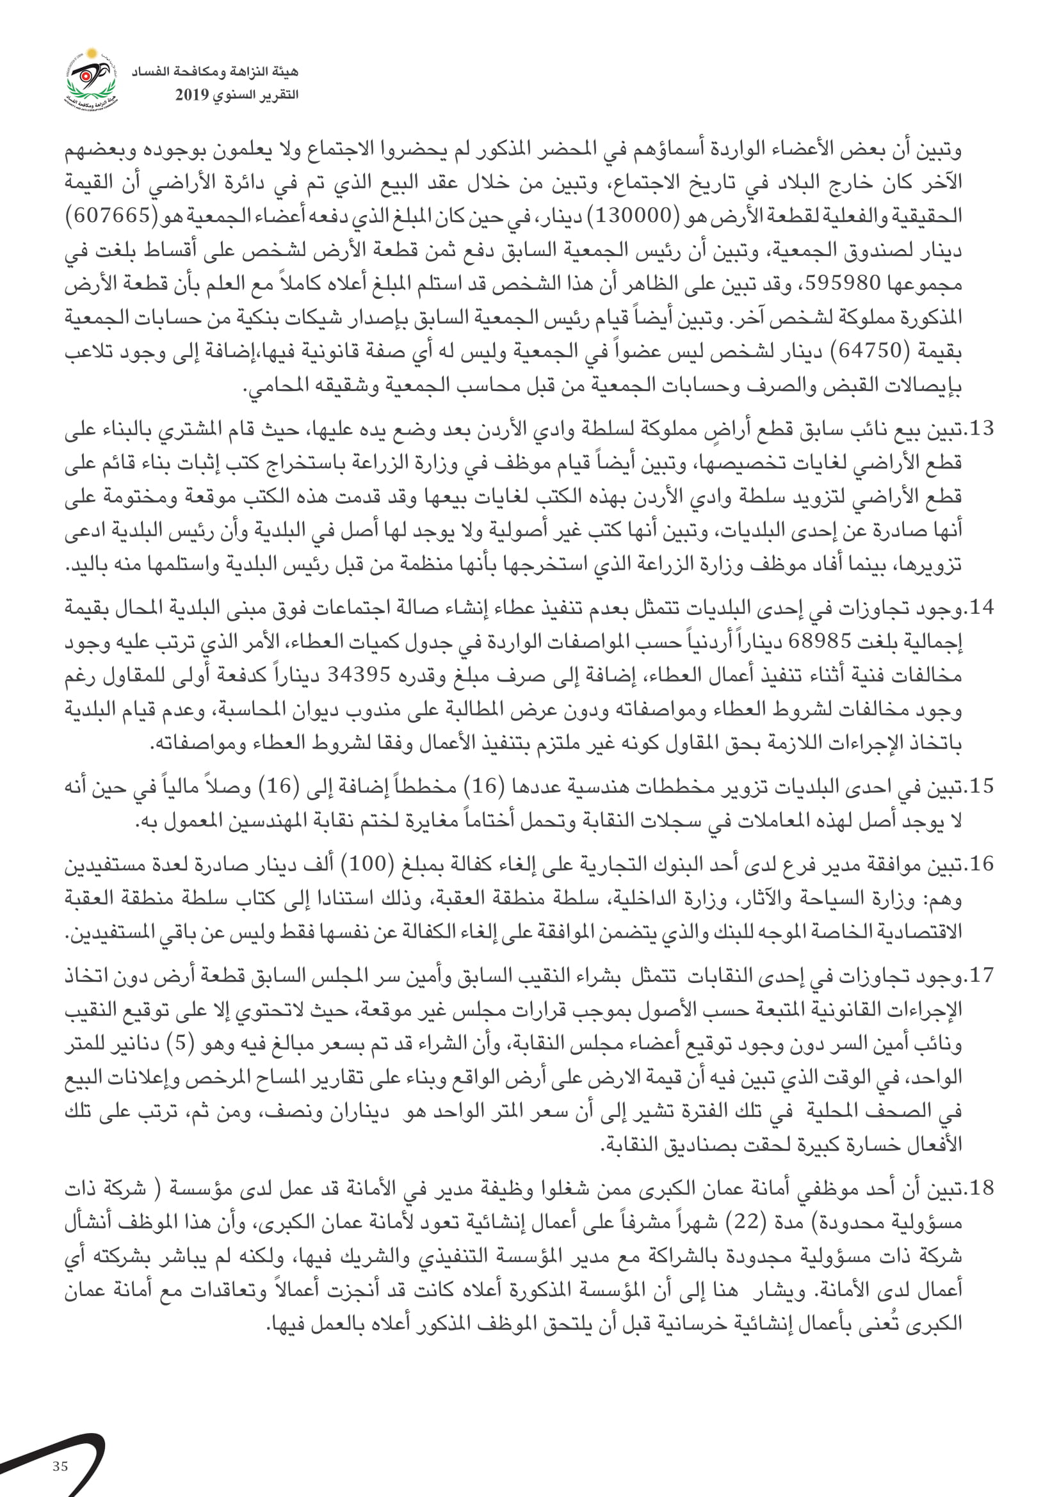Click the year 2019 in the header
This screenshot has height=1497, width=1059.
pyautogui.click(x=191, y=95)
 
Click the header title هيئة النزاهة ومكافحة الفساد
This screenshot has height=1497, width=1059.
pyautogui.click(x=214, y=72)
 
